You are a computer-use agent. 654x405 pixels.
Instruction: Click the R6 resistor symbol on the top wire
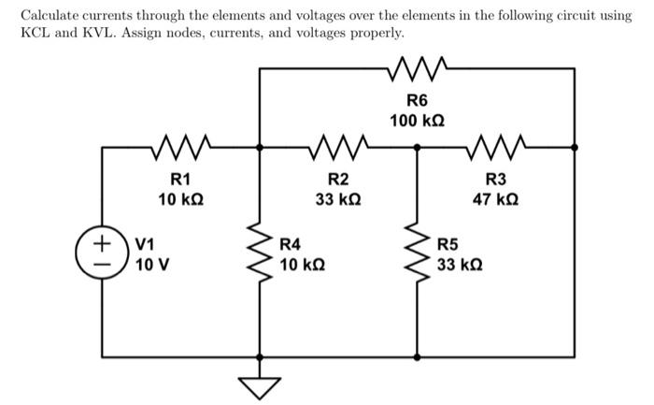click(417, 66)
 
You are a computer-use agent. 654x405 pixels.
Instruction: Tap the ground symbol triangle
click(260, 384)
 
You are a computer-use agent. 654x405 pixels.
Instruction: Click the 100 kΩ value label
click(417, 122)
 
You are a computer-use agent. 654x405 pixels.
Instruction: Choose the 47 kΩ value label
click(495, 199)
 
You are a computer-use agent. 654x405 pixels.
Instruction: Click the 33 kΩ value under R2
click(338, 199)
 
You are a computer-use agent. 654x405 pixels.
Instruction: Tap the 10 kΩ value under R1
click(179, 199)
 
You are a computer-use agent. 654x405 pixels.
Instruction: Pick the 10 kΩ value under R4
click(303, 264)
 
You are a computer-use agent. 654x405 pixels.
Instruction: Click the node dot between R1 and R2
click(260, 147)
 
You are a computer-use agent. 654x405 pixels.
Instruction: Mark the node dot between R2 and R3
click(417, 147)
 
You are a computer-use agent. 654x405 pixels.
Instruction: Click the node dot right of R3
click(574, 147)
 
